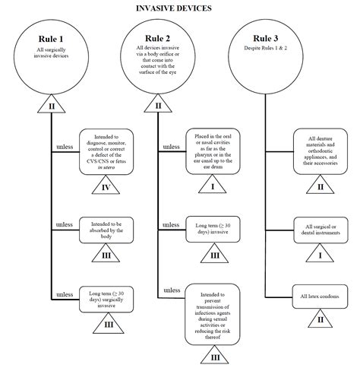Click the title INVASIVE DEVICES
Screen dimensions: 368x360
click(x=179, y=8)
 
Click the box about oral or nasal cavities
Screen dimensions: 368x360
click(x=215, y=149)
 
